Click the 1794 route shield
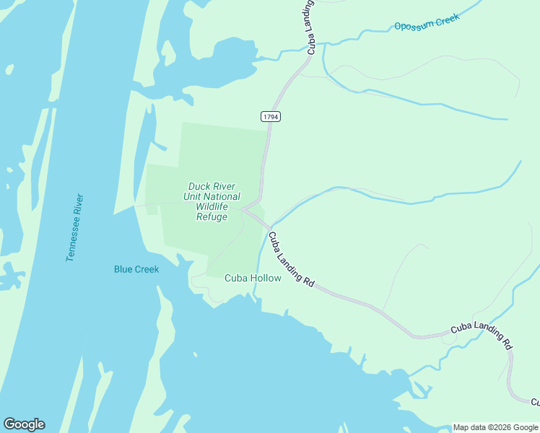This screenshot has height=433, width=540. [271, 115]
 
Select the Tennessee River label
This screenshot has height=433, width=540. [75, 227]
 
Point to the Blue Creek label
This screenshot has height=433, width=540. [136, 269]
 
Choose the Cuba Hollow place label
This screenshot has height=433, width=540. [253, 278]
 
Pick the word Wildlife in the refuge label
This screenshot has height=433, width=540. [212, 206]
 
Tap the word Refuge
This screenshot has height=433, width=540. [212, 216]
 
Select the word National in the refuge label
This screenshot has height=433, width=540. [222, 196]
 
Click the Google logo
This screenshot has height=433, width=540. [24, 424]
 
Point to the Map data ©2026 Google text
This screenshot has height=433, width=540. [495, 427]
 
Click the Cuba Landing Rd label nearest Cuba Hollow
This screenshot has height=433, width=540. [291, 259]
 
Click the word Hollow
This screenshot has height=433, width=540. [266, 278]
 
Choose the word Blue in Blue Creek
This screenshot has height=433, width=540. [123, 269]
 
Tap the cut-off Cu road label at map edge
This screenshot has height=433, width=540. [535, 401]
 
